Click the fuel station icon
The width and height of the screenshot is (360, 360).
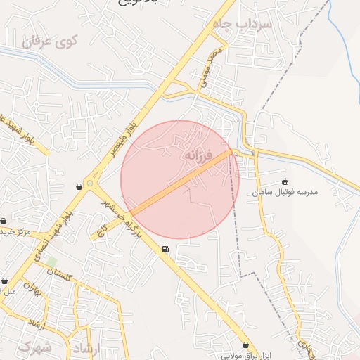point(165,248)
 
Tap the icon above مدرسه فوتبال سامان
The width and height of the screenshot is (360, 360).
point(285,181)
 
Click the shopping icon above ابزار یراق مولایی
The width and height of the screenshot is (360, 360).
point(245,345)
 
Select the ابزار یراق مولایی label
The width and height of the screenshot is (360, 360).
point(246,355)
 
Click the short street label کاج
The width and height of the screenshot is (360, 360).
point(103,230)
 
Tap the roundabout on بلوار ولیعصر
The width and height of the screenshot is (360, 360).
point(90,184)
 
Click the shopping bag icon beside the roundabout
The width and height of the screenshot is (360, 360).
point(78,186)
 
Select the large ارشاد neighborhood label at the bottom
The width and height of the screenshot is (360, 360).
point(86,348)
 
